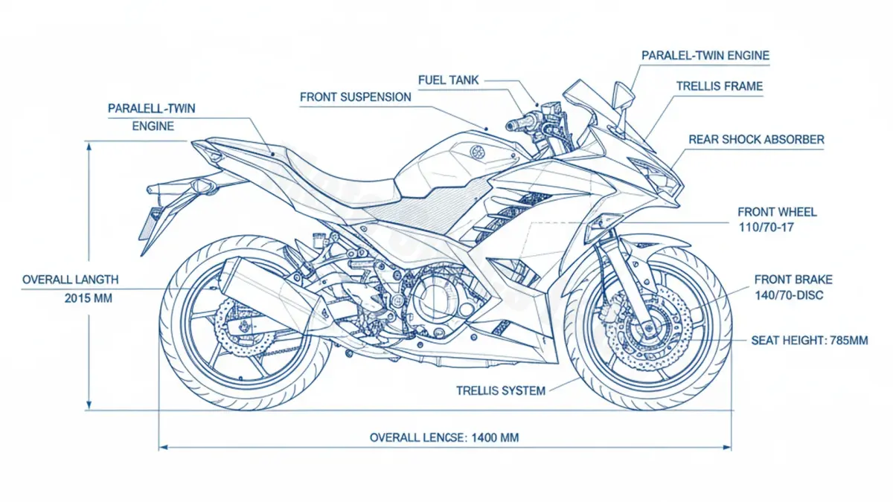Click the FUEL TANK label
449,80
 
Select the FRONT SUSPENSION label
355,97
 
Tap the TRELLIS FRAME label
719,86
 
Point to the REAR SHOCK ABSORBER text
756,140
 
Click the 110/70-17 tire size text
766,227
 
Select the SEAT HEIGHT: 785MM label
810,341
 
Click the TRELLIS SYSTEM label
500,390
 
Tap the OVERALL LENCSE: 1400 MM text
444,437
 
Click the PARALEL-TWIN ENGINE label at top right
705,56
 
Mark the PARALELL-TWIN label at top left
151,109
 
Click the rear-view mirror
622,96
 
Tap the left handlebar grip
516,123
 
